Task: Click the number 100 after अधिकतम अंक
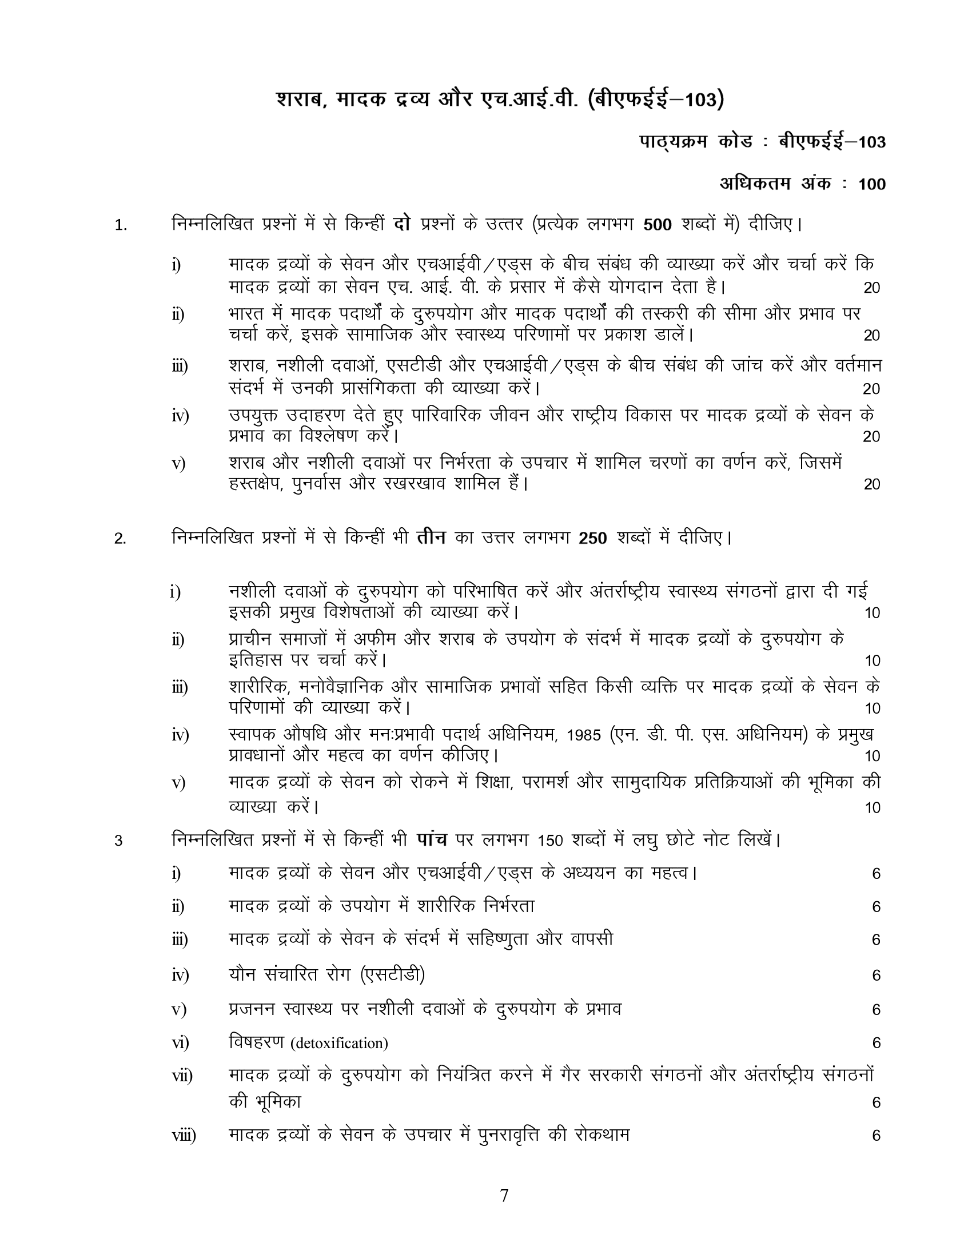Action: pos(871,184)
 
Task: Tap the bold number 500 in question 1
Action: pos(658,225)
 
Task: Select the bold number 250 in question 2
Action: pos(593,539)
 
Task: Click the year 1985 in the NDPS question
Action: pos(583,735)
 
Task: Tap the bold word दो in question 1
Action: pos(401,224)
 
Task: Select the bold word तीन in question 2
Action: pos(431,538)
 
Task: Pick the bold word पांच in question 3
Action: pos(432,839)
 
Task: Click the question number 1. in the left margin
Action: pos(121,225)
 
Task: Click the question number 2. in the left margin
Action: pos(119,539)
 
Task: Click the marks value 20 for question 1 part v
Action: pos(872,484)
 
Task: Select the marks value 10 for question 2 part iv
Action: pos(873,756)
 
